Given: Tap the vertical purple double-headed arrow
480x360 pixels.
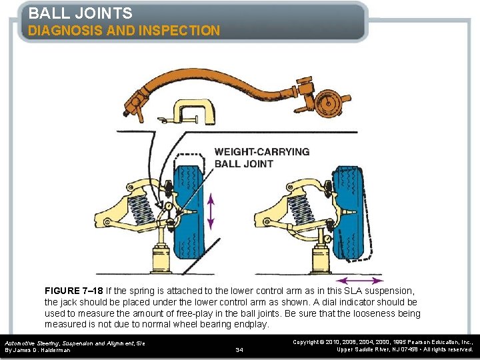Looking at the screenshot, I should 211,212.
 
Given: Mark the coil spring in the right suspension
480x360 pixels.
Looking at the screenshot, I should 304,204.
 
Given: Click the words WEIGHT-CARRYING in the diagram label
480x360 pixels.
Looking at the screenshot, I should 262,151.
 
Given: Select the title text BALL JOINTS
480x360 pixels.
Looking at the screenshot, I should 80,13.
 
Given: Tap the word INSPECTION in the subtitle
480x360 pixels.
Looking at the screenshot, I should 181,31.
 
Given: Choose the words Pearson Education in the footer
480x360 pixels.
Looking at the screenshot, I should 425,341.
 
